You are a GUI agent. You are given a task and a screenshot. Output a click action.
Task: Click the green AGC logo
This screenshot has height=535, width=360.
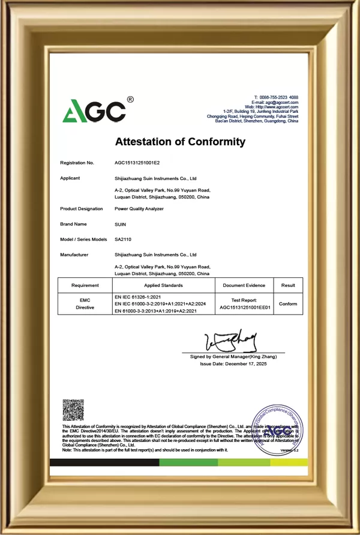[x=94, y=110]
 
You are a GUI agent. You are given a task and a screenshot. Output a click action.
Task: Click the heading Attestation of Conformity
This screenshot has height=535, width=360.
[x=180, y=142]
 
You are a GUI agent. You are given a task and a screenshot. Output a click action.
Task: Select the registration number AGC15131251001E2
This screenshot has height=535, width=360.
[x=137, y=163]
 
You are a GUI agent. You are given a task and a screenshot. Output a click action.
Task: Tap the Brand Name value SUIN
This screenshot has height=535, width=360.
[x=120, y=224]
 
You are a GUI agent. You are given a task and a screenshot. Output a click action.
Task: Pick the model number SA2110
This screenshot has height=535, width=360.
[x=123, y=239]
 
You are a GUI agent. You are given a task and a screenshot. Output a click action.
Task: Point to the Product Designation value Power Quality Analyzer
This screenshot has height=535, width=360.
[x=139, y=209]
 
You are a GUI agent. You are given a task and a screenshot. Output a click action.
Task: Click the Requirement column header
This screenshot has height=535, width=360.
[x=85, y=285]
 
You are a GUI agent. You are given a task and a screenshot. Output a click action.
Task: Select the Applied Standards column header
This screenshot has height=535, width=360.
[x=163, y=285]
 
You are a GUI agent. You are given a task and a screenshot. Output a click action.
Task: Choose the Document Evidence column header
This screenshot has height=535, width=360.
[x=244, y=285]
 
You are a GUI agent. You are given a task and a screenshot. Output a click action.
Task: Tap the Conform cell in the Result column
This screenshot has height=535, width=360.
[x=288, y=304]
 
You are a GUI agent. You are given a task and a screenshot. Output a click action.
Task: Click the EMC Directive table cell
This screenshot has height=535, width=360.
[x=85, y=303]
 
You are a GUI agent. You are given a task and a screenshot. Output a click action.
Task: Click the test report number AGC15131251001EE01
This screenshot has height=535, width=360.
[x=245, y=307]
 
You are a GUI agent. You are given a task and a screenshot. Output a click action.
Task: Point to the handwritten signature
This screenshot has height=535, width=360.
[x=231, y=340]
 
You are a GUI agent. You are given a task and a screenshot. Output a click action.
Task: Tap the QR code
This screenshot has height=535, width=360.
[x=73, y=410]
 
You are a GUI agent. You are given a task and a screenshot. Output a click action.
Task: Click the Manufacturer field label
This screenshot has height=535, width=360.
[x=74, y=255]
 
